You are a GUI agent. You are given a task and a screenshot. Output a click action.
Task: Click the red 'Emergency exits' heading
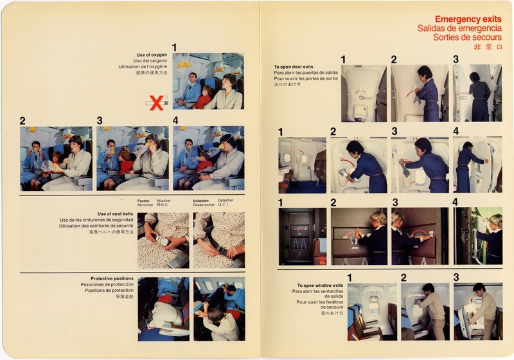tap(468, 19)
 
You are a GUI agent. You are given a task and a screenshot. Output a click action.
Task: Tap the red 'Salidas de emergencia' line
tap(459, 28)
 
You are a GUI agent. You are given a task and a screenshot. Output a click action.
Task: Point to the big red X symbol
tap(156, 102)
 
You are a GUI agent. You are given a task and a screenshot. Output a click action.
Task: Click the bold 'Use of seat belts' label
tap(115, 214)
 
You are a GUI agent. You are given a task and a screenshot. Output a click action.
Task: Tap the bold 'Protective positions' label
tap(112, 278)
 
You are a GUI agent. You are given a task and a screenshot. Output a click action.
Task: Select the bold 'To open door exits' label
tap(294, 67)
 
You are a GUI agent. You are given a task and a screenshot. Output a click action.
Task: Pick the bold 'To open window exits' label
tap(320, 285)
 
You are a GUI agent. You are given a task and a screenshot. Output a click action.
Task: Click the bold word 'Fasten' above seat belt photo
tap(143, 201)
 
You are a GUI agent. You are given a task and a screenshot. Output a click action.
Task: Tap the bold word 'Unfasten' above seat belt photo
tap(202, 201)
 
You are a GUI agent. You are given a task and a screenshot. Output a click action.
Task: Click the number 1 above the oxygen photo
tap(175, 47)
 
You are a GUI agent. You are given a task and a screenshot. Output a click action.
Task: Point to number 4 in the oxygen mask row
tap(175, 120)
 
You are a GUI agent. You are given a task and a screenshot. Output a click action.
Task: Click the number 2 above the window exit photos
tap(403, 278)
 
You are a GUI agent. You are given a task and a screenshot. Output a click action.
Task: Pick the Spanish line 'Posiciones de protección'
tap(107, 284)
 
